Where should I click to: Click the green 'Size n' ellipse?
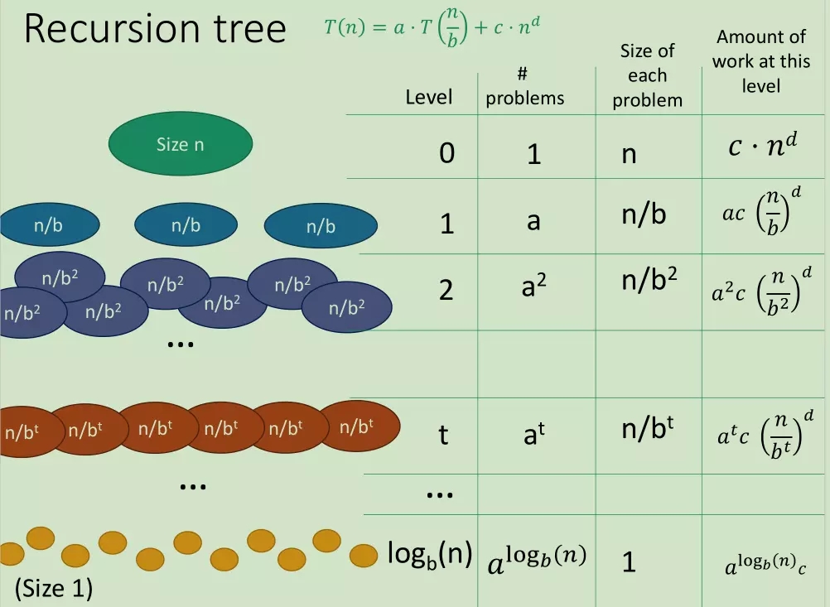click(x=181, y=143)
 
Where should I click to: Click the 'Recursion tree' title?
click(x=155, y=29)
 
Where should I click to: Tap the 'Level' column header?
click(x=429, y=98)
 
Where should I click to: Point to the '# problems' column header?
click(x=524, y=86)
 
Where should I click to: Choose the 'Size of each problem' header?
click(x=648, y=75)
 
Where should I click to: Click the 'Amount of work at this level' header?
click(x=761, y=61)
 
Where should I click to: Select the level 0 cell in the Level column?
click(x=446, y=153)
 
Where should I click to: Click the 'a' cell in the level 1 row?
click(x=533, y=220)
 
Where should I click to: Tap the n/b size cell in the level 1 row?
click(x=644, y=214)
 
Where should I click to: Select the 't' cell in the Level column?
click(x=444, y=435)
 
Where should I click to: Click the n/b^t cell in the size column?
click(x=648, y=427)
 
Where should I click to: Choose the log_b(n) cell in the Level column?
click(x=430, y=554)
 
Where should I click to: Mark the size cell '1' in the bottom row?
click(x=629, y=562)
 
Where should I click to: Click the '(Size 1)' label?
click(x=54, y=588)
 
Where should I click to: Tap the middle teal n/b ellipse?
click(x=186, y=225)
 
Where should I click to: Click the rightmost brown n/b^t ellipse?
click(x=359, y=426)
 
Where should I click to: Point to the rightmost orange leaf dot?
click(x=363, y=555)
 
